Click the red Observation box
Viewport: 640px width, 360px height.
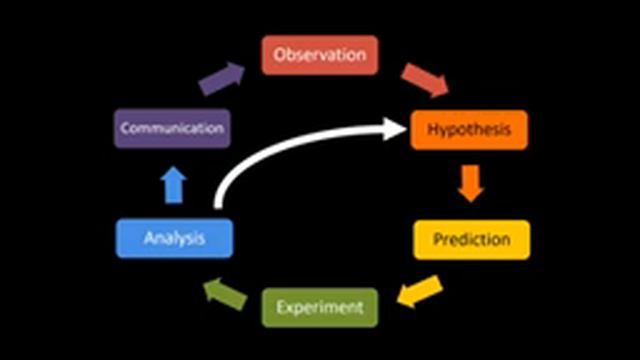click(320, 55)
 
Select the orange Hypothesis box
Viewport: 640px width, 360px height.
click(469, 130)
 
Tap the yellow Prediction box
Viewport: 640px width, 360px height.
click(471, 240)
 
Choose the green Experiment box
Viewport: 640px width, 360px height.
click(320, 307)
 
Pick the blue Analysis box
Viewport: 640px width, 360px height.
click(174, 239)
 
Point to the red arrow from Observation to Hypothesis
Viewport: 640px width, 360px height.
click(424, 80)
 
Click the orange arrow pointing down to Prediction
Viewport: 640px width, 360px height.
click(470, 182)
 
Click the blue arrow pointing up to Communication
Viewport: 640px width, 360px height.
click(174, 184)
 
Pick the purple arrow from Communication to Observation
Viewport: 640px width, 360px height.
click(222, 78)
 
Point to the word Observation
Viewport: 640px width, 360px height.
click(320, 55)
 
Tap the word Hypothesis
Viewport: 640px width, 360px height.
click(469, 130)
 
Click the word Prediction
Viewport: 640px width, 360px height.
click(471, 240)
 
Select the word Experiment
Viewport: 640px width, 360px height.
click(320, 307)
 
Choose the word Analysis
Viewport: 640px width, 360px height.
click(174, 239)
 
